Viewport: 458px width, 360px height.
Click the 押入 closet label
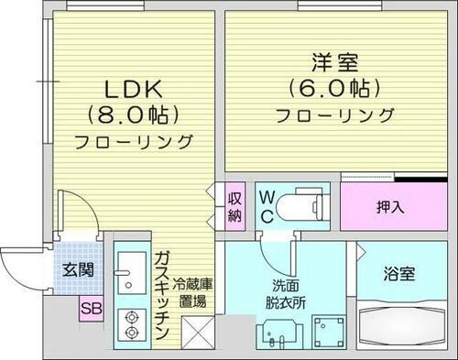click(x=388, y=205)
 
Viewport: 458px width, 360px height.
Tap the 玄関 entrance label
click(x=76, y=270)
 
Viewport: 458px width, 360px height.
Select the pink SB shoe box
click(x=90, y=308)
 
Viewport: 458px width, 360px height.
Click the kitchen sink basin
click(x=127, y=272)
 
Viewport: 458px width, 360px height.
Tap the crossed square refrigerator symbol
click(x=197, y=331)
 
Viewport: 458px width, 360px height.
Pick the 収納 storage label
click(x=235, y=207)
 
